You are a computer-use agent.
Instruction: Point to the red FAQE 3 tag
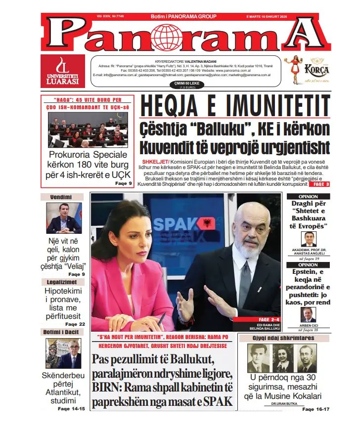[319, 184]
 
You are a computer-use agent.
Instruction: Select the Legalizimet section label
[63, 282]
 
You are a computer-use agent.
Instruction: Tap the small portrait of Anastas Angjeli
[309, 239]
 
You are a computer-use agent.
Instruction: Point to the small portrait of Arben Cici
[309, 315]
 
